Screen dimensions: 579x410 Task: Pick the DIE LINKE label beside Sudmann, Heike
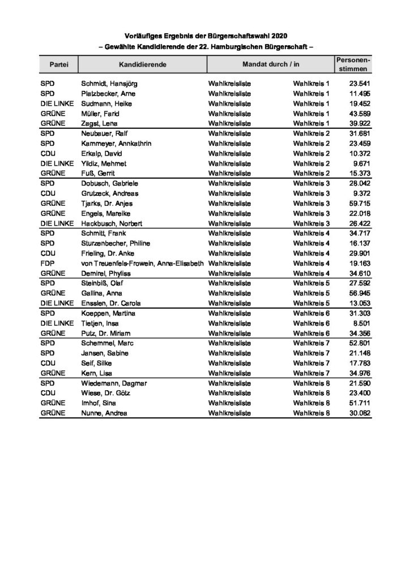coord(58,103)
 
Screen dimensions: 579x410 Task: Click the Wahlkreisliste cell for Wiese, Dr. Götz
coord(230,393)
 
